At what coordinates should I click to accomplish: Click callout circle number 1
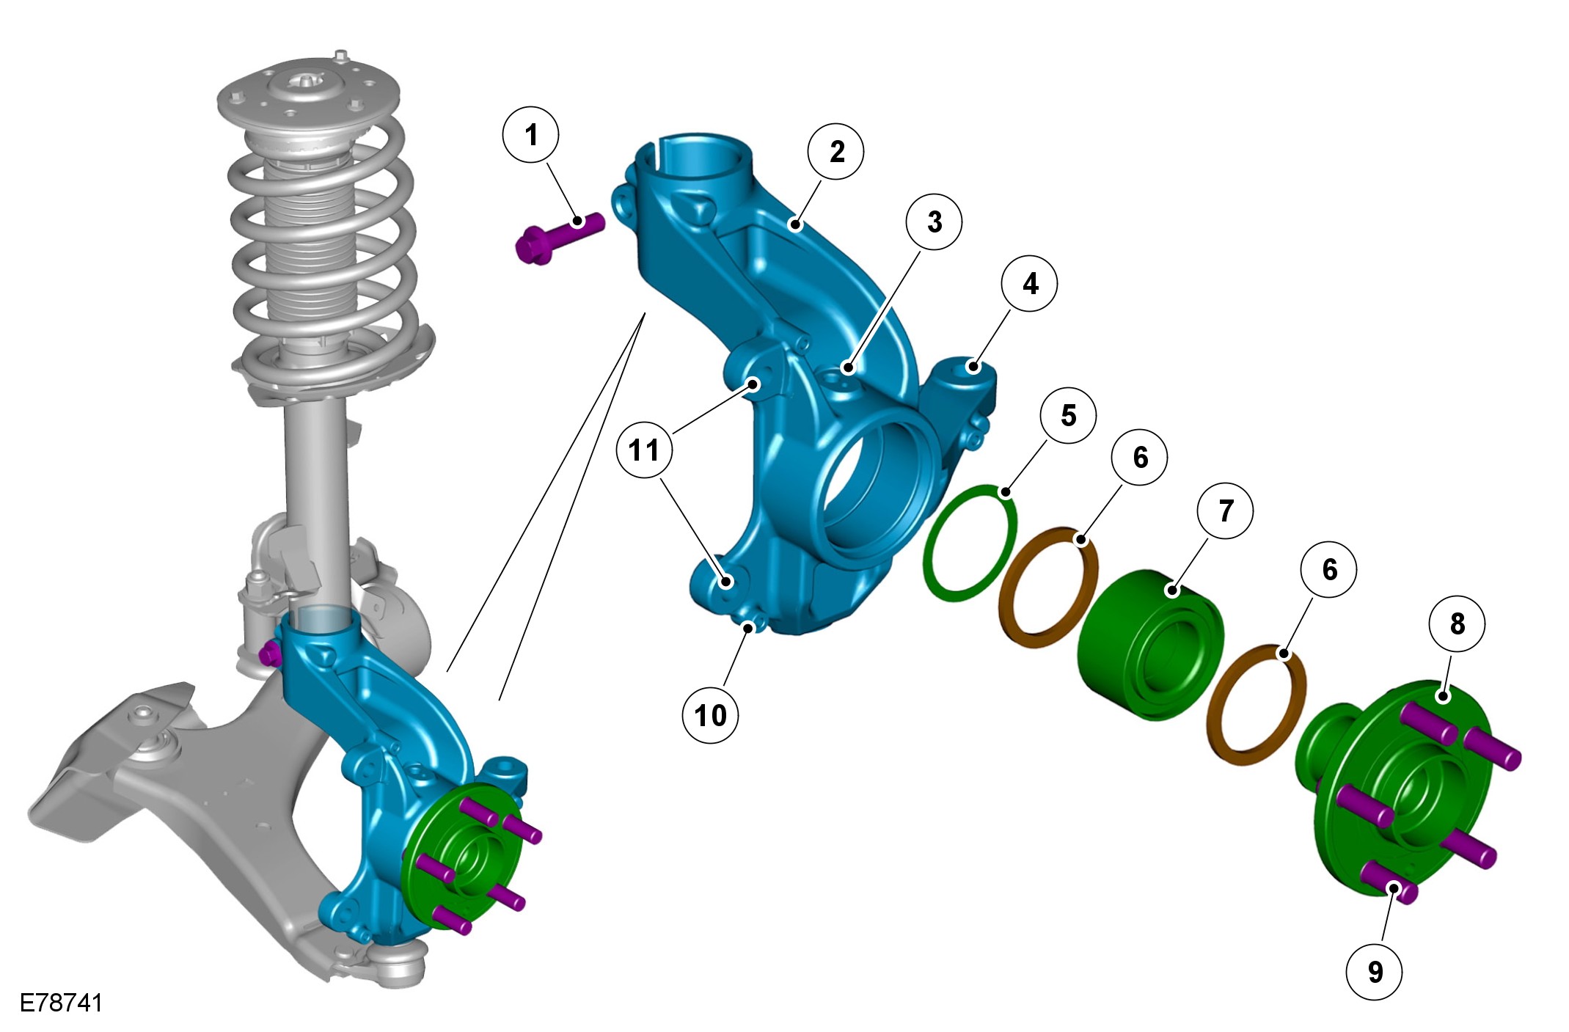tap(531, 135)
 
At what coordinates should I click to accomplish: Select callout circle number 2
tap(835, 152)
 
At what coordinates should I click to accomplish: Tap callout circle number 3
tap(934, 222)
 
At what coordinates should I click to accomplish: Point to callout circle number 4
tap(1030, 283)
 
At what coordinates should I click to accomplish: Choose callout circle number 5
tap(1069, 415)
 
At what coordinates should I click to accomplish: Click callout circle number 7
tap(1225, 510)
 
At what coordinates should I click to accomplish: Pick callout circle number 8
tap(1458, 623)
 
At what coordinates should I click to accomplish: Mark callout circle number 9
tap(1375, 972)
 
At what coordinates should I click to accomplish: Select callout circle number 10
tap(710, 715)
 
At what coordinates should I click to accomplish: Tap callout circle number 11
tap(645, 450)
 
